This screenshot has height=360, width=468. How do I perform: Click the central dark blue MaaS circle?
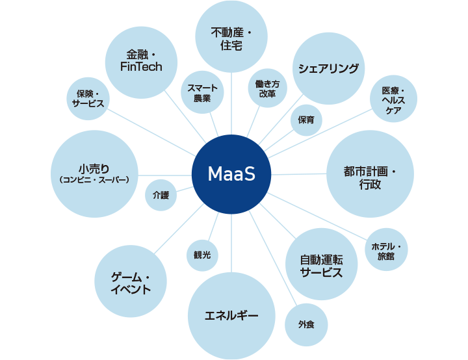click(231, 174)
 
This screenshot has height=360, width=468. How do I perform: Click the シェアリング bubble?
click(328, 68)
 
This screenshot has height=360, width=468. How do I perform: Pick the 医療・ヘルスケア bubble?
click(393, 101)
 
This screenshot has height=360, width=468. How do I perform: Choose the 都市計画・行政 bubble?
click(369, 174)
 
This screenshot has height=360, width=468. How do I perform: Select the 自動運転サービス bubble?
click(321, 264)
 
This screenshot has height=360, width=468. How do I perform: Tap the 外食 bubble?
click(306, 324)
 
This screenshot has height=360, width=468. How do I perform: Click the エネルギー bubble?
click(231, 316)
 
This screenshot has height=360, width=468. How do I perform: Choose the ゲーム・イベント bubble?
click(131, 282)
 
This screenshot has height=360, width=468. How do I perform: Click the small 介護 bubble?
click(161, 194)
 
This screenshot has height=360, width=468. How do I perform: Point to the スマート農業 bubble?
click(202, 93)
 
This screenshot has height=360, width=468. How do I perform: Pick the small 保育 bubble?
click(305, 120)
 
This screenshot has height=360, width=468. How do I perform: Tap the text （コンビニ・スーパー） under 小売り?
click(94, 180)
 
